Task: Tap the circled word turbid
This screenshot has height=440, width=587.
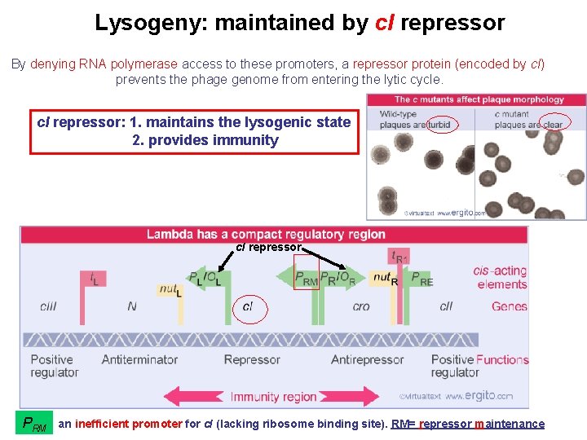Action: pyautogui.click(x=439, y=125)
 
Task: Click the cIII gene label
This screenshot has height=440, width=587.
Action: pyautogui.click(x=48, y=306)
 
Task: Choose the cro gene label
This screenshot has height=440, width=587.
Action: pyautogui.click(x=361, y=306)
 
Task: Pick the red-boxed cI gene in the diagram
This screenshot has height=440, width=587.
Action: pyautogui.click(x=248, y=306)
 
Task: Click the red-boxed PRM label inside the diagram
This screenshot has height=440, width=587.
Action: pyautogui.click(x=307, y=278)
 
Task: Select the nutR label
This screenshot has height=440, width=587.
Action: pyautogui.click(x=384, y=278)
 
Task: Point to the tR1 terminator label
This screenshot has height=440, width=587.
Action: pyautogui.click(x=399, y=257)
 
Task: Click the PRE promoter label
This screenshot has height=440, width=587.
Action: pyautogui.click(x=422, y=278)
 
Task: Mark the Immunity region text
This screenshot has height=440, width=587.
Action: pyautogui.click(x=273, y=397)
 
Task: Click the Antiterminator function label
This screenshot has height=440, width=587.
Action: pyautogui.click(x=141, y=359)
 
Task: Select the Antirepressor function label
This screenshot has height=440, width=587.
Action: pyautogui.click(x=368, y=359)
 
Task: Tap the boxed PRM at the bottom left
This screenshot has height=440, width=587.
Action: pyautogui.click(x=34, y=424)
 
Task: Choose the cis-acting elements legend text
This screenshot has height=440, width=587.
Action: pyautogui.click(x=501, y=278)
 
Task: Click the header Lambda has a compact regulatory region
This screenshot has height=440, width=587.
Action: pyautogui.click(x=266, y=235)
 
